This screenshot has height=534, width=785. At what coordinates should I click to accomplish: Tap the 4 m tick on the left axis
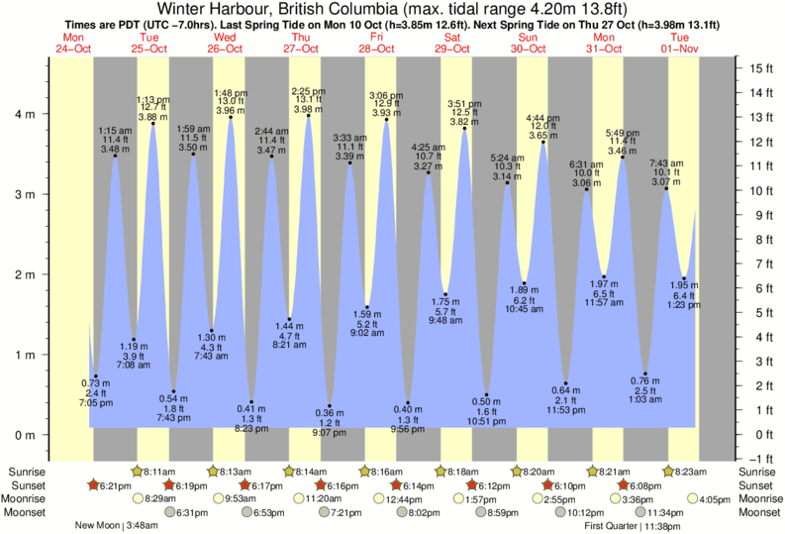pyautogui.click(x=27, y=114)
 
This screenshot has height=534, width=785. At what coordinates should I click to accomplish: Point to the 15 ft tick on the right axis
pyautogui.click(x=759, y=68)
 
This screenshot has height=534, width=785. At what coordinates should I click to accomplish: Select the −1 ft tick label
pyautogui.click(x=759, y=458)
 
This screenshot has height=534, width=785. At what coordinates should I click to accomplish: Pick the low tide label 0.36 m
pyautogui.click(x=330, y=411)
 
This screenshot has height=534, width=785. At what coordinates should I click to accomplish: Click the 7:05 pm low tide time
pyautogui.click(x=89, y=404)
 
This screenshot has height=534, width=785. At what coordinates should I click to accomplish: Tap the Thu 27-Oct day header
pyautogui.click(x=302, y=45)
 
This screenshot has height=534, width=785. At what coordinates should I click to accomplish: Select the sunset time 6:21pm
pyautogui.click(x=113, y=486)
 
